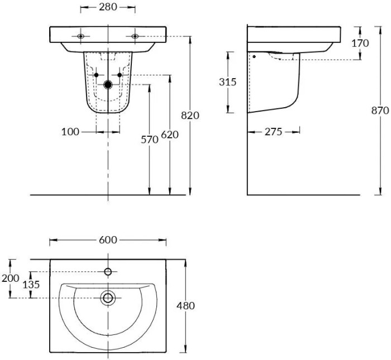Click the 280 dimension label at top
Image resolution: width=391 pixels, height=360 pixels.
tap(108, 8)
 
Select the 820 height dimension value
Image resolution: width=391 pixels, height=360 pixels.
tap(190, 116)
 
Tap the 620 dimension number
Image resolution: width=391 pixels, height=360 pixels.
tap(169, 135)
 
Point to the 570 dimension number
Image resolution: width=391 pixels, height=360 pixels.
tap(149, 140)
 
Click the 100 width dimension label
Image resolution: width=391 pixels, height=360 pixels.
tap(70, 132)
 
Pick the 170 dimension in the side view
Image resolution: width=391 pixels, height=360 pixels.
tap(360, 42)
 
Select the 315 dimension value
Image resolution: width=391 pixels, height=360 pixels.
tap(228, 82)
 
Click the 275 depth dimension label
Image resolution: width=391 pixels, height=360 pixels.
tap(273, 132)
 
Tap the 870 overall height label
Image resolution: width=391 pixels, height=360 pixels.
tap(380, 111)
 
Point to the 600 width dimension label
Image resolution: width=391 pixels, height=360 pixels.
tap(108, 240)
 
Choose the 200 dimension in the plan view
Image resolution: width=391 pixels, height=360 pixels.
tap(10, 278)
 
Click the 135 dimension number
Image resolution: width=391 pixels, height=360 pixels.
tap(30, 284)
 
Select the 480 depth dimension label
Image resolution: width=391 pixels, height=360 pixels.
tap(185, 306)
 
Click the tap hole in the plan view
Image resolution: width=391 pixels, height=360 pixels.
tap(108, 272)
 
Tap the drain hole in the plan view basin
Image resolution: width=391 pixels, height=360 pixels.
tap(108, 297)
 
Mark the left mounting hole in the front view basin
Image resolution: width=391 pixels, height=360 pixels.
tap(81, 36)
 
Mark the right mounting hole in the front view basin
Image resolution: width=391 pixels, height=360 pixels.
tap(135, 36)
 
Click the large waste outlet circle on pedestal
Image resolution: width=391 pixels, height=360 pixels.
tap(108, 85)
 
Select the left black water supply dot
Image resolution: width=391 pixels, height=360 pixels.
tap(96, 75)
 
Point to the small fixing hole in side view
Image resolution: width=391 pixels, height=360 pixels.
tap(254, 56)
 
